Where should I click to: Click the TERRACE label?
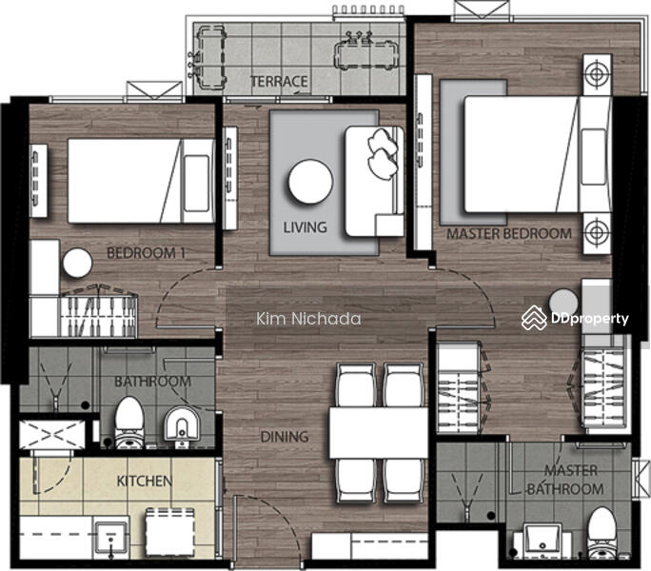point(279,82)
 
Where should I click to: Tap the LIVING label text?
point(306,227)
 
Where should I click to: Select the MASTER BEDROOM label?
point(509,234)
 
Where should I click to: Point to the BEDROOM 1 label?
point(146,253)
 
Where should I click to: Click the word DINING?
point(285,437)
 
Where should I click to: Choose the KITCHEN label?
point(144,481)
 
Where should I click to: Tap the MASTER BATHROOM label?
point(565,480)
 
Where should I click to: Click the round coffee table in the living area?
point(310,182)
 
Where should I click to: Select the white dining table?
point(379,433)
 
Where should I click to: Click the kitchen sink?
point(110,537)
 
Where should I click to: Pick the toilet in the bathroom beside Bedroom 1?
point(129,422)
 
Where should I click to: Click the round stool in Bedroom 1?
point(78,264)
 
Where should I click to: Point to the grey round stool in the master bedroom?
point(563,304)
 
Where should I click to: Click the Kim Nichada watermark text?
point(308,319)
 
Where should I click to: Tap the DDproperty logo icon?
point(534,318)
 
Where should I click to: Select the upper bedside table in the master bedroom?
point(598,75)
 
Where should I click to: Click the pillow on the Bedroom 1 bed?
point(196,183)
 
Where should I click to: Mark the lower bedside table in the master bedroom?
point(598,233)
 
